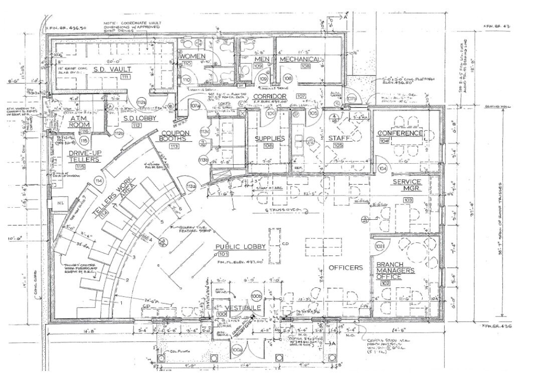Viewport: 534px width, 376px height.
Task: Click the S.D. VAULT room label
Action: click(x=112, y=69)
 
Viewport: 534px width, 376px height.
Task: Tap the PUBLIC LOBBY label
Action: click(x=237, y=247)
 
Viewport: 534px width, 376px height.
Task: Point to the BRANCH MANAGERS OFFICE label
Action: click(x=394, y=271)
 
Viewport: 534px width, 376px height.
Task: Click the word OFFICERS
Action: click(x=345, y=268)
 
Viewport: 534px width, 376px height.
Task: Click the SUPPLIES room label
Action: click(x=270, y=138)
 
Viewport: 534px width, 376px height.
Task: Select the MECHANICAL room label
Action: click(x=299, y=60)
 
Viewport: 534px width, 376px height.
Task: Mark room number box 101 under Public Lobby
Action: click(x=237, y=255)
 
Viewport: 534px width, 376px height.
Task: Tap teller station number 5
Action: click(x=162, y=221)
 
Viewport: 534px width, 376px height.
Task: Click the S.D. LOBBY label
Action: click(x=140, y=118)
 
